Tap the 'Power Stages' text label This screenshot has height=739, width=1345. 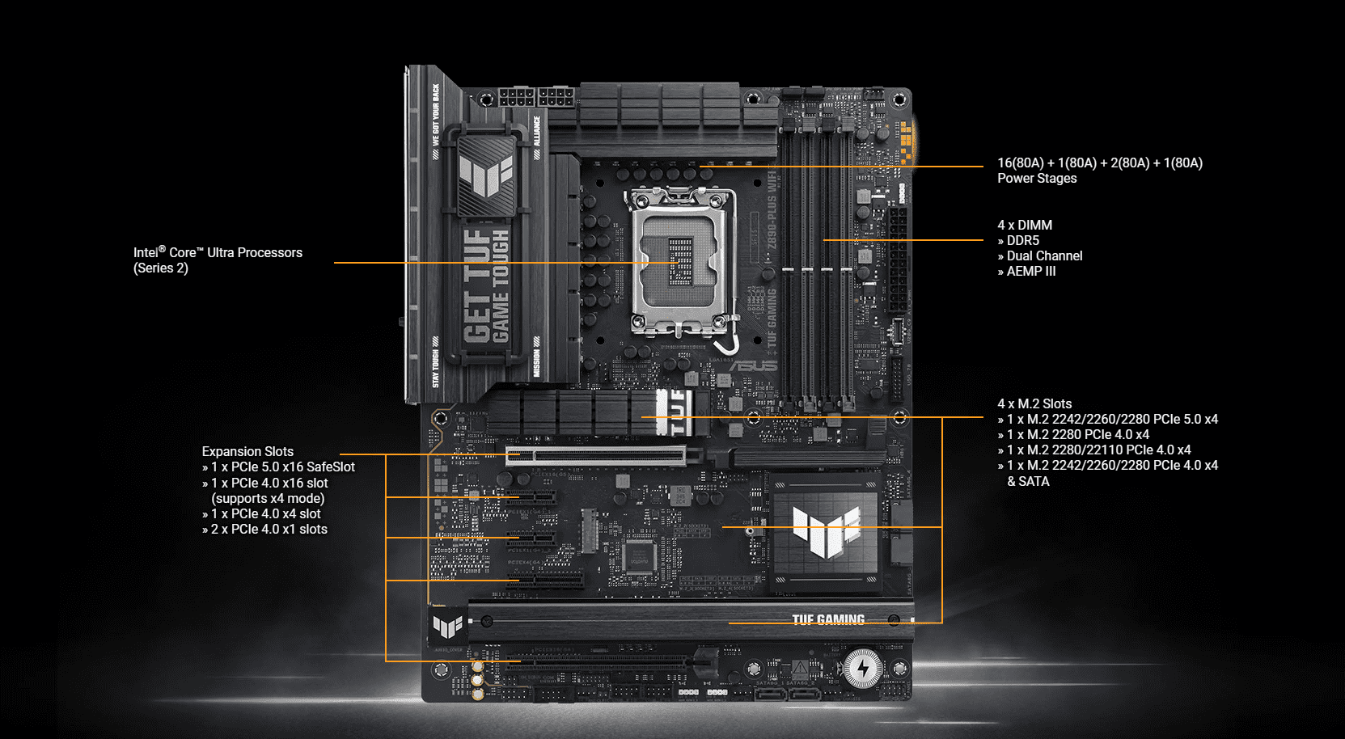click(x=1037, y=179)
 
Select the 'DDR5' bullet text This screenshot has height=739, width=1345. click(x=1022, y=241)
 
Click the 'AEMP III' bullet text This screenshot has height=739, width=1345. click(x=1030, y=272)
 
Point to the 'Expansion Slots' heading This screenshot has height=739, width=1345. click(x=247, y=452)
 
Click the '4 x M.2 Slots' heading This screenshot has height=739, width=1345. click(x=1034, y=404)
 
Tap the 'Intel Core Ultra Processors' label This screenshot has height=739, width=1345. click(x=218, y=253)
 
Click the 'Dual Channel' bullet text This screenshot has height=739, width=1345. click(x=1043, y=256)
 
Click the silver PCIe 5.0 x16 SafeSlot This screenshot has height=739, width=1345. click(x=595, y=456)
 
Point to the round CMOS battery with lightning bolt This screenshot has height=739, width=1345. click(x=863, y=669)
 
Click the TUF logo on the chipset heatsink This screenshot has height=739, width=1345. click(x=825, y=532)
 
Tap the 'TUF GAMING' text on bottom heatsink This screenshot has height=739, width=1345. click(x=827, y=620)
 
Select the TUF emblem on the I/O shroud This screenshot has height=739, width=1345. click(x=486, y=175)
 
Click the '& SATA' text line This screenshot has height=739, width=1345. click(x=1028, y=482)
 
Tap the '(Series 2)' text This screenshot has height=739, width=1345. click(x=161, y=268)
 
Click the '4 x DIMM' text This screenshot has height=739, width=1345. click(x=1025, y=226)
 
